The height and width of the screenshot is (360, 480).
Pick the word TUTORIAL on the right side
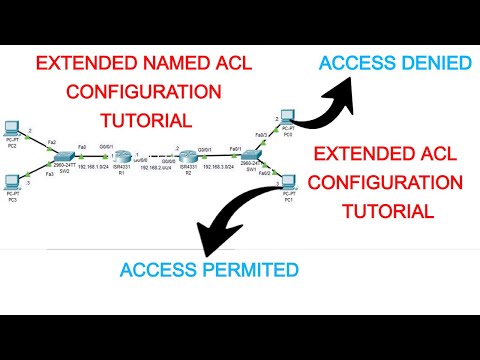click(x=389, y=211)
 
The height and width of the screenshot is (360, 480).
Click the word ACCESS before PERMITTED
click(x=158, y=269)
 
